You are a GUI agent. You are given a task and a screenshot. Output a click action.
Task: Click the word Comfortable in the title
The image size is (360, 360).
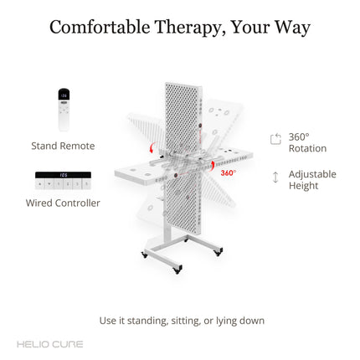pos(100,28)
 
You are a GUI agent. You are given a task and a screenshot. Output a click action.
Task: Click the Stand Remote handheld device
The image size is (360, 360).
pos(64,110)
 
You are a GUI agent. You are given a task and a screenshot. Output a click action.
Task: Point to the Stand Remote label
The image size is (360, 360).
pos(63,146)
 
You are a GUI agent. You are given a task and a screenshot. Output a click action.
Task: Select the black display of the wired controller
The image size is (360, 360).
pos(63,175)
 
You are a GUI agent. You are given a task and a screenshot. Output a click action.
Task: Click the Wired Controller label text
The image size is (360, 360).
pos(63,203)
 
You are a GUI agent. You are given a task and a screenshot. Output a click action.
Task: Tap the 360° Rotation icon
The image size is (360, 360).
pos(275,139)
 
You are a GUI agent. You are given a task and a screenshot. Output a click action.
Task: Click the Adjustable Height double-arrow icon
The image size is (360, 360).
pos(275,177)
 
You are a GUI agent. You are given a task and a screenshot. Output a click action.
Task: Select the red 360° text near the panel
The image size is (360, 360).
pos(229,173)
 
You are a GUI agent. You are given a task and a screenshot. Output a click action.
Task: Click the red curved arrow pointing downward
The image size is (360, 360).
pos(152,147)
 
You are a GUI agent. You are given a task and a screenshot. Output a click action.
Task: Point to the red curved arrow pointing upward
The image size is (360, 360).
pos(212,166)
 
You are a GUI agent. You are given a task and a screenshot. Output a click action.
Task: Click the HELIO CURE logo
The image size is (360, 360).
pos(50,344)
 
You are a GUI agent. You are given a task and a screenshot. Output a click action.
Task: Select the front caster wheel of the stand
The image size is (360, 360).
pos(177,270)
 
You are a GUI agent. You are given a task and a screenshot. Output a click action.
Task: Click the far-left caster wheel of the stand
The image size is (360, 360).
pos(144,255)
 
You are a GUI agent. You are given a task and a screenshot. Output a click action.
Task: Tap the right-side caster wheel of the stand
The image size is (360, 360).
pos(219,252)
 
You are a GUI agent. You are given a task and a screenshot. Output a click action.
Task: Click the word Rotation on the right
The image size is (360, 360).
pos(307,148)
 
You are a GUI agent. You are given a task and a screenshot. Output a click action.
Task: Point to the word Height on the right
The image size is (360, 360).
pos(303,186)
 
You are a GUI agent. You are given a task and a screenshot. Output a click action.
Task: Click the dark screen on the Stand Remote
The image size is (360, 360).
pos(64,95)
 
